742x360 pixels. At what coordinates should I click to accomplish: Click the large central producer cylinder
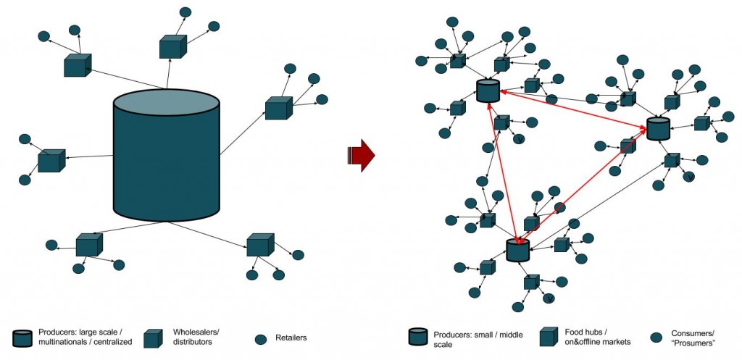[167, 155]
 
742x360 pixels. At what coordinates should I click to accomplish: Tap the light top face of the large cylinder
[167, 101]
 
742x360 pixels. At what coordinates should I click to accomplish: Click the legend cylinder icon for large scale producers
[23, 338]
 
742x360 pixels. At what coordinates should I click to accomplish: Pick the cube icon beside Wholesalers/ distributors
[154, 338]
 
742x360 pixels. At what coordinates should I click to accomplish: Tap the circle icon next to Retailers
[261, 339]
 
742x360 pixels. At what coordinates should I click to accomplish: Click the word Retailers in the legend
[291, 338]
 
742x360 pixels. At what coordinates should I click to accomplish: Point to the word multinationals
[61, 342]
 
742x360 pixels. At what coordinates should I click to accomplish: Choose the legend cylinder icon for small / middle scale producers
[418, 338]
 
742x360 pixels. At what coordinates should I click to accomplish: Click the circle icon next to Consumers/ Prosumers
[656, 338]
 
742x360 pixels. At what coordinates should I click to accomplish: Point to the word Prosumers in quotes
[693, 343]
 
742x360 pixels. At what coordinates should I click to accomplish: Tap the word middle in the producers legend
[511, 335]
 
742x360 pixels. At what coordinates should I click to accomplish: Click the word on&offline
[583, 341]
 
